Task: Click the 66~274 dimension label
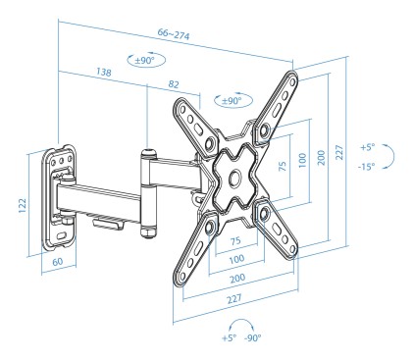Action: point(174,34)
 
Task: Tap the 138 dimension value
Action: point(104,72)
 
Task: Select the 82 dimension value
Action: point(174,84)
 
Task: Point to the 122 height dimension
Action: point(22,205)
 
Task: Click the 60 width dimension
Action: point(58,262)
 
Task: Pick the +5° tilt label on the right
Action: point(368,147)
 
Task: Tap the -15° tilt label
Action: point(366,167)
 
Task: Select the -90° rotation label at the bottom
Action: point(253,337)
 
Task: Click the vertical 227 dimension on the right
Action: point(339,152)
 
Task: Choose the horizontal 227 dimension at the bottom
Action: point(234,298)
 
